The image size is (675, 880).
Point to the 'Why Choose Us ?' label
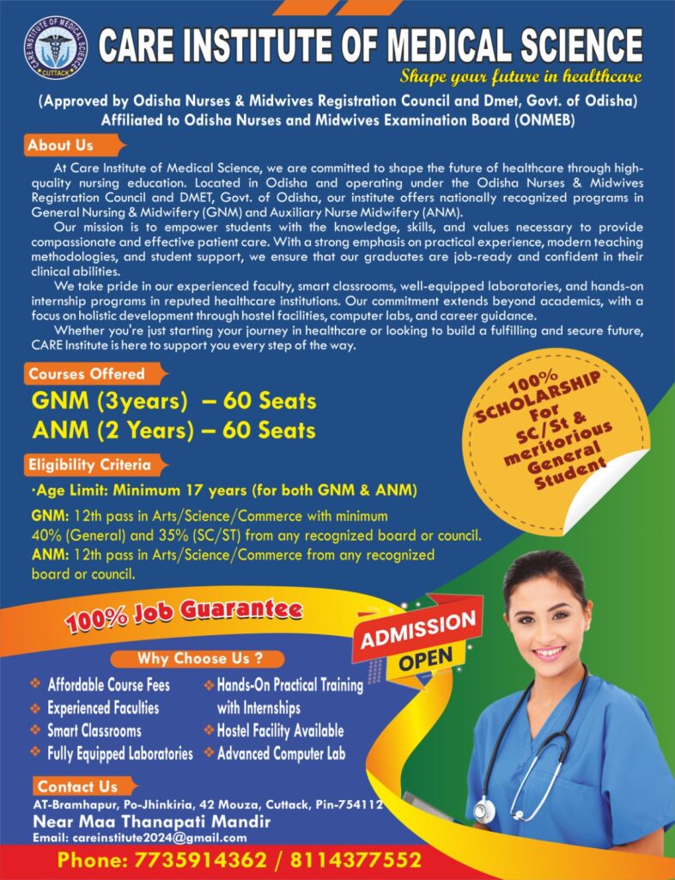[x=198, y=659]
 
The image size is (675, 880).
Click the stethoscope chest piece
[x=484, y=810]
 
